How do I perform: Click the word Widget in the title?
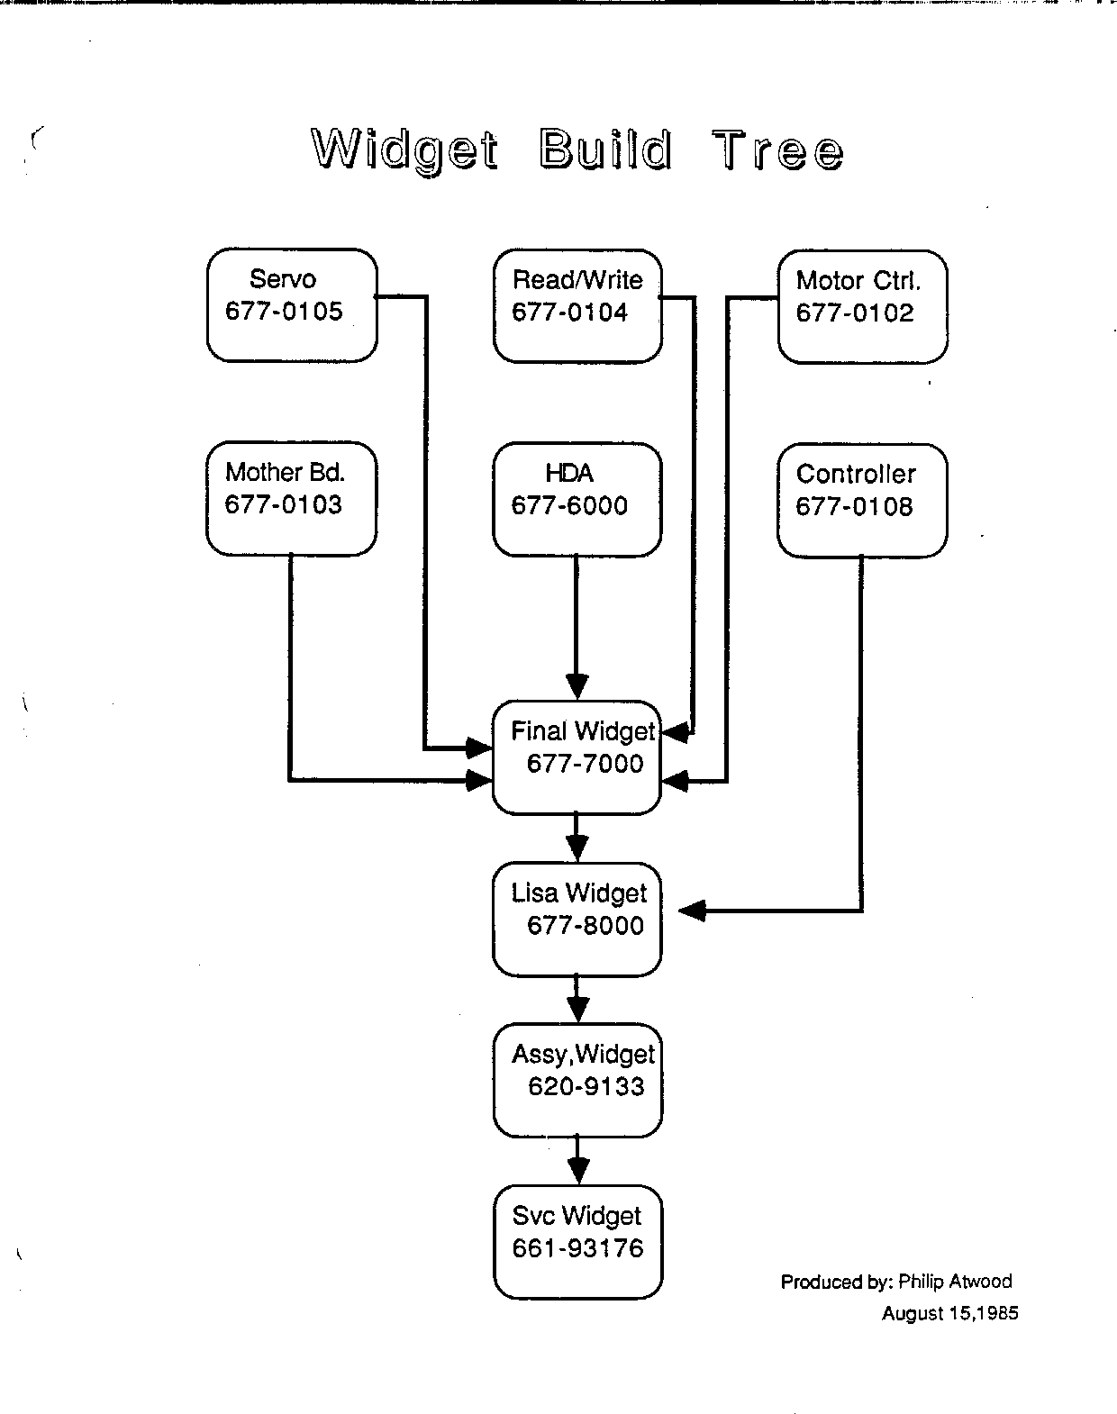pyautogui.click(x=404, y=150)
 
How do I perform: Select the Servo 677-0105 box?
pyautogui.click(x=292, y=305)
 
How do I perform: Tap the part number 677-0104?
pyautogui.click(x=569, y=313)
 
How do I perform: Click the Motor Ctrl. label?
pyautogui.click(x=858, y=281)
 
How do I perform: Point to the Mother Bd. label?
pyautogui.click(x=285, y=472)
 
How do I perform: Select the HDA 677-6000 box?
pyautogui.click(x=577, y=498)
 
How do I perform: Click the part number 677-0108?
pyautogui.click(x=854, y=506)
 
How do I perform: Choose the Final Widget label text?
pyautogui.click(x=583, y=731)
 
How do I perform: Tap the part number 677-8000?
pyautogui.click(x=586, y=926)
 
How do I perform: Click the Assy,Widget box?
pyautogui.click(x=577, y=1080)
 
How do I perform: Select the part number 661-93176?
pyautogui.click(x=578, y=1248)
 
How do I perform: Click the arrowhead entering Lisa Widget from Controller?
pyautogui.click(x=691, y=911)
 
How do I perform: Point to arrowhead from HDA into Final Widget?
pyautogui.click(x=577, y=686)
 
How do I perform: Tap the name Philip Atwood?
pyautogui.click(x=955, y=1282)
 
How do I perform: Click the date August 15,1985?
pyautogui.click(x=949, y=1313)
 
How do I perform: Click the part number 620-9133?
pyautogui.click(x=586, y=1087)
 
